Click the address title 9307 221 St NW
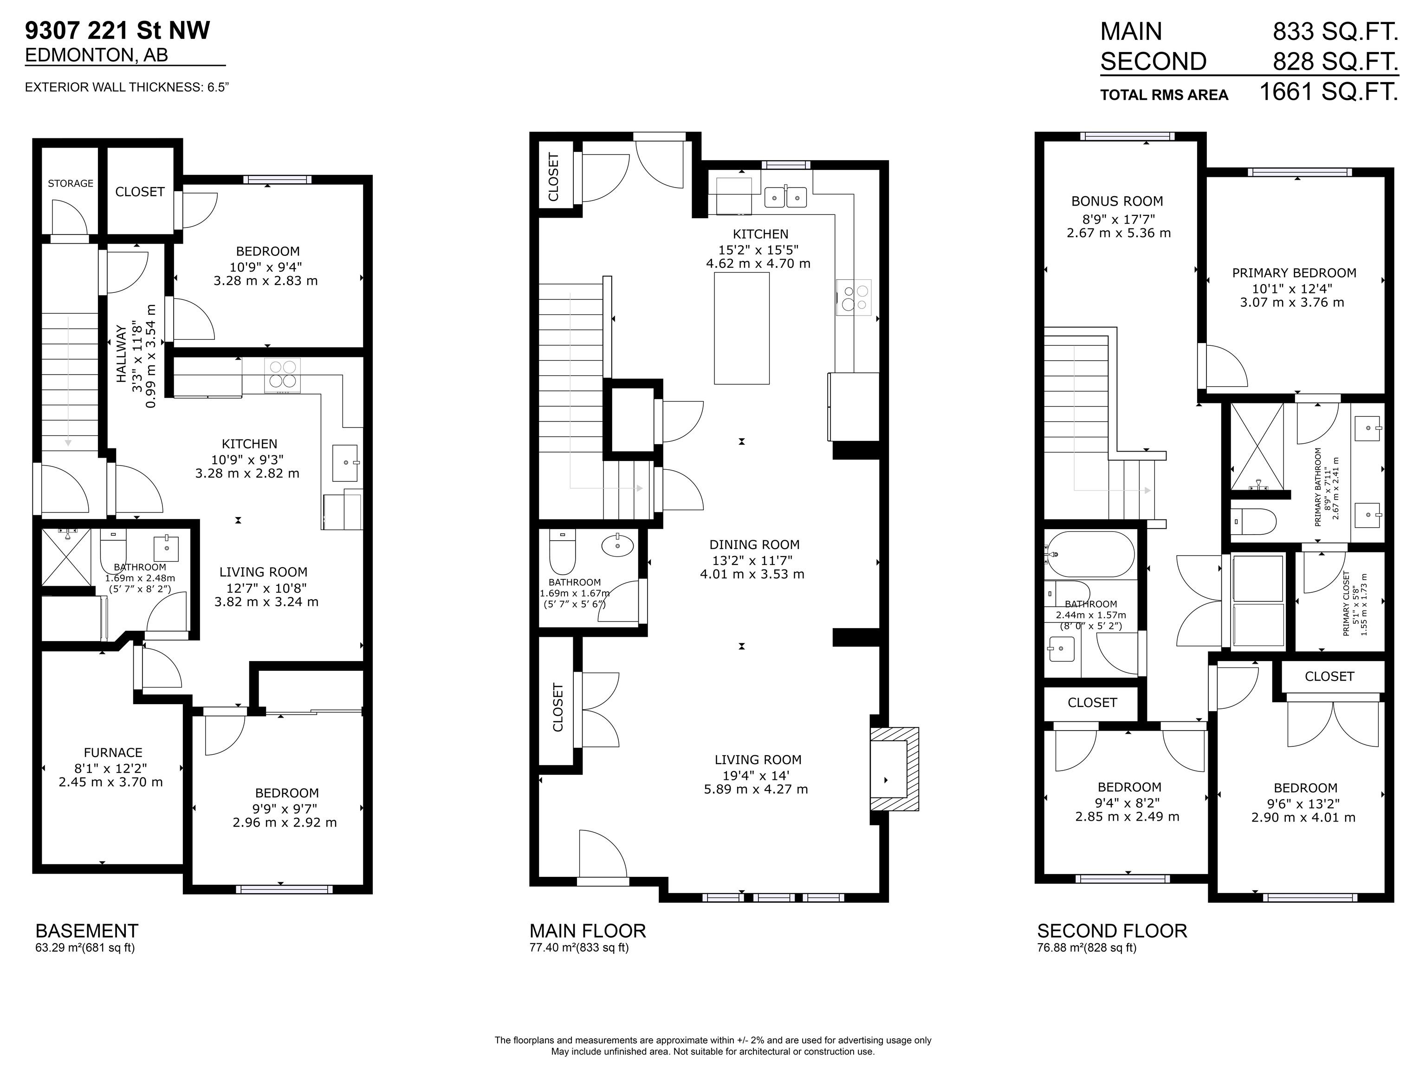point(117,30)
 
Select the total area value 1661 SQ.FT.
point(1329,91)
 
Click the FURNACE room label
point(113,752)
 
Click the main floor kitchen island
point(741,328)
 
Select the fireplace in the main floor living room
point(894,769)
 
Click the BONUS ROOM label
point(1117,201)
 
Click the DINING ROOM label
point(754,545)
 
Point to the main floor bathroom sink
point(617,545)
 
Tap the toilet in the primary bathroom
point(1254,521)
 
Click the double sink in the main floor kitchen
point(786,197)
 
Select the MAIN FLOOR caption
point(587,931)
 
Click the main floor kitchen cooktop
point(854,297)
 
